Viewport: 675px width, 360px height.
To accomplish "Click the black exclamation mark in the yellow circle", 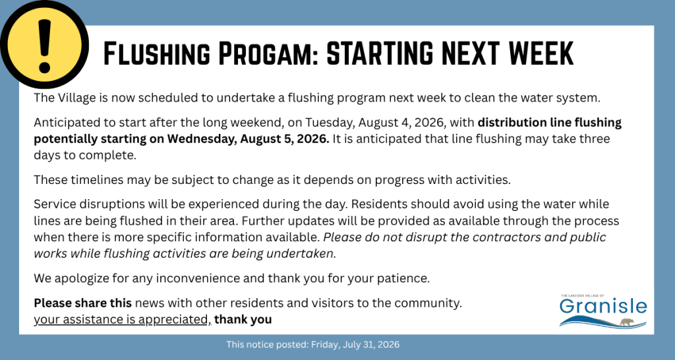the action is pyautogui.click(x=44, y=46).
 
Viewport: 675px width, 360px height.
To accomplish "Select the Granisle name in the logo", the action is pyautogui.click(x=602, y=307).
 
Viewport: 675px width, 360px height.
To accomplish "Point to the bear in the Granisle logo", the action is pyautogui.click(x=626, y=321).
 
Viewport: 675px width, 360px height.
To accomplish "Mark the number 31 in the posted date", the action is pyautogui.click(x=363, y=344).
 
